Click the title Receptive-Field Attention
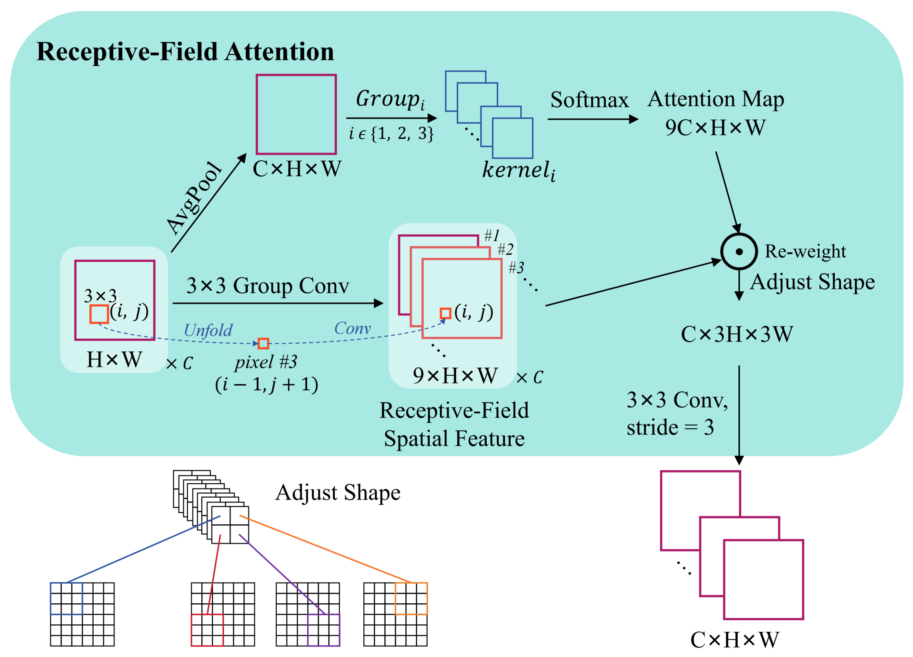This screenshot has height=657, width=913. (185, 52)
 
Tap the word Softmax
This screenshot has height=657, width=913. (589, 100)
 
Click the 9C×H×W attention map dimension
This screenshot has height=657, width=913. (715, 128)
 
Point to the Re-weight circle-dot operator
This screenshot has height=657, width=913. (739, 252)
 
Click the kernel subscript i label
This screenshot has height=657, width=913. (519, 170)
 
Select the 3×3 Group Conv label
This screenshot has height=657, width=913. (267, 286)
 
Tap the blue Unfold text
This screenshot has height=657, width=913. (208, 331)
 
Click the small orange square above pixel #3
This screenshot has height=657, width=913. (263, 344)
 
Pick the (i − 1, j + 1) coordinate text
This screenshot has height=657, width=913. (267, 385)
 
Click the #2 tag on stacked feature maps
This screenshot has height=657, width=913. (505, 250)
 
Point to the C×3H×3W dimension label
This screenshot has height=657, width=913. (737, 334)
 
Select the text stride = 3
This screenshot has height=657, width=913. (670, 428)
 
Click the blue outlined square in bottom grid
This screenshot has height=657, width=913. (66, 598)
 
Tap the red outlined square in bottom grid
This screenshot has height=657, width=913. (207, 630)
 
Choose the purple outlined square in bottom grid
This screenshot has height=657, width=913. (323, 630)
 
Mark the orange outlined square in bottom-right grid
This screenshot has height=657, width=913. (411, 598)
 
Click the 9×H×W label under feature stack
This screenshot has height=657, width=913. (455, 376)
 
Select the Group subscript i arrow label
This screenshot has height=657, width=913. (390, 99)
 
